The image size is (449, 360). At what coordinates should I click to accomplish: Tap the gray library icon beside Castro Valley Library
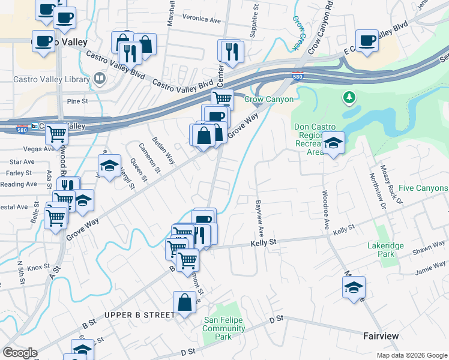tap(99, 78)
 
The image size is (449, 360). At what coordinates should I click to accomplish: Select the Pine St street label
tap(77, 101)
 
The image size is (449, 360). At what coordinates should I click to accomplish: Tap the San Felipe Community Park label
tap(224, 328)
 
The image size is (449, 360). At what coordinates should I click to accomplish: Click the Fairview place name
tap(381, 336)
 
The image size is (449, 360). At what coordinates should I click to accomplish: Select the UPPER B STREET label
tap(139, 315)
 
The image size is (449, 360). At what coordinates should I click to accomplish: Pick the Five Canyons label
tap(423, 188)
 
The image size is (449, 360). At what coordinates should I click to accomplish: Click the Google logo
tap(20, 353)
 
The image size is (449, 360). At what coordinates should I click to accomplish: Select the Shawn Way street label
tap(428, 249)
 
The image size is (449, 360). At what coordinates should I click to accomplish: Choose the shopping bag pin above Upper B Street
tap(184, 303)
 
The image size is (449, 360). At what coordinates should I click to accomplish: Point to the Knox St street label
tap(38, 267)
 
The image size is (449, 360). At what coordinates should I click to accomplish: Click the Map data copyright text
tap(411, 355)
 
